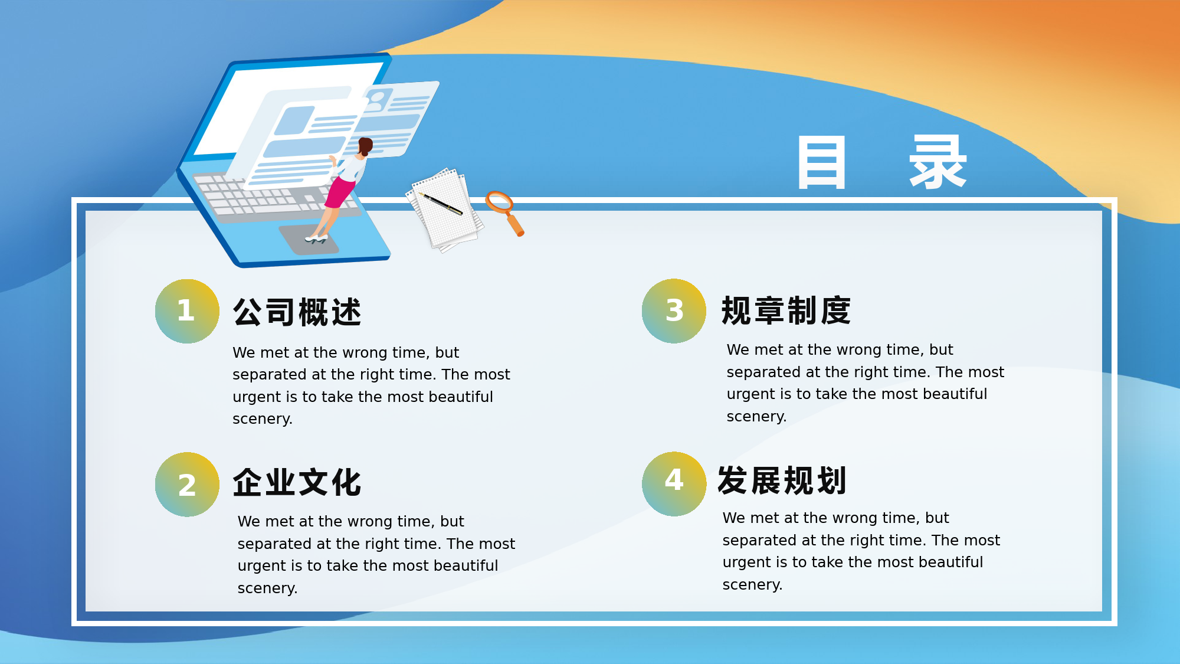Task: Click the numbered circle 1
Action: point(187,311)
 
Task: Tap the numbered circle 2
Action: point(187,485)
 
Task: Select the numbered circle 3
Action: point(674,311)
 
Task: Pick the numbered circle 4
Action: point(674,484)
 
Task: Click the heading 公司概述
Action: point(297,312)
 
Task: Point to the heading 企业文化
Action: point(297,482)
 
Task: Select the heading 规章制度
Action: point(786,310)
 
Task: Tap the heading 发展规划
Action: point(782,480)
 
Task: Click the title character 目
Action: point(822,162)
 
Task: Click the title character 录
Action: point(938,162)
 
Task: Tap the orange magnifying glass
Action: point(504,212)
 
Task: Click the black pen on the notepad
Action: point(441,203)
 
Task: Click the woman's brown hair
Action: point(365,146)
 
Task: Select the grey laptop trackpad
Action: point(309,239)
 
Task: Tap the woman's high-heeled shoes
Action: point(316,239)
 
